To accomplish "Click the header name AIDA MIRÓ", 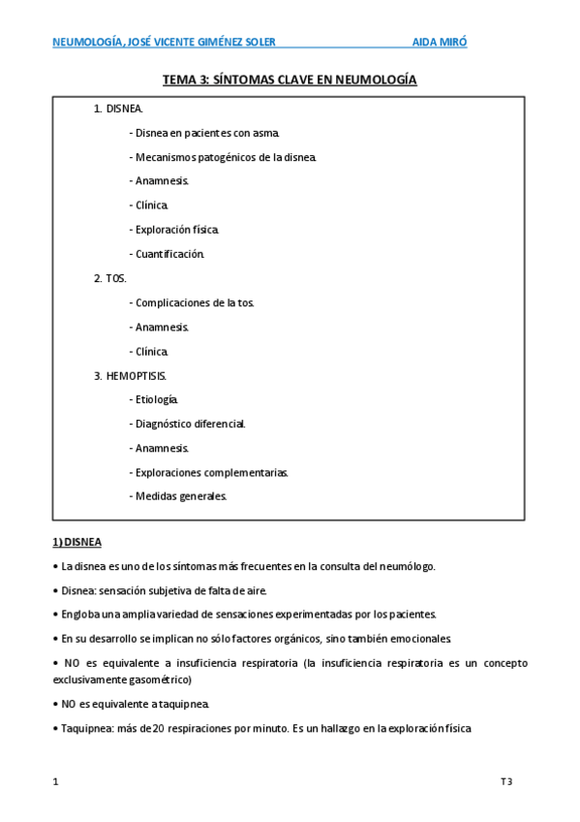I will (x=440, y=42).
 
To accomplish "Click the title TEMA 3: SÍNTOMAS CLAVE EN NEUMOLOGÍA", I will (x=290, y=80).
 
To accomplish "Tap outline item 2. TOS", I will (x=110, y=278).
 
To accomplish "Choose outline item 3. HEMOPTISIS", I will (x=131, y=375).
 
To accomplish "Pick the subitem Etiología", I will (x=154, y=399).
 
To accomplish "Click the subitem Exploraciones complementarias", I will (x=208, y=472).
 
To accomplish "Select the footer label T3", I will (x=505, y=781).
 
